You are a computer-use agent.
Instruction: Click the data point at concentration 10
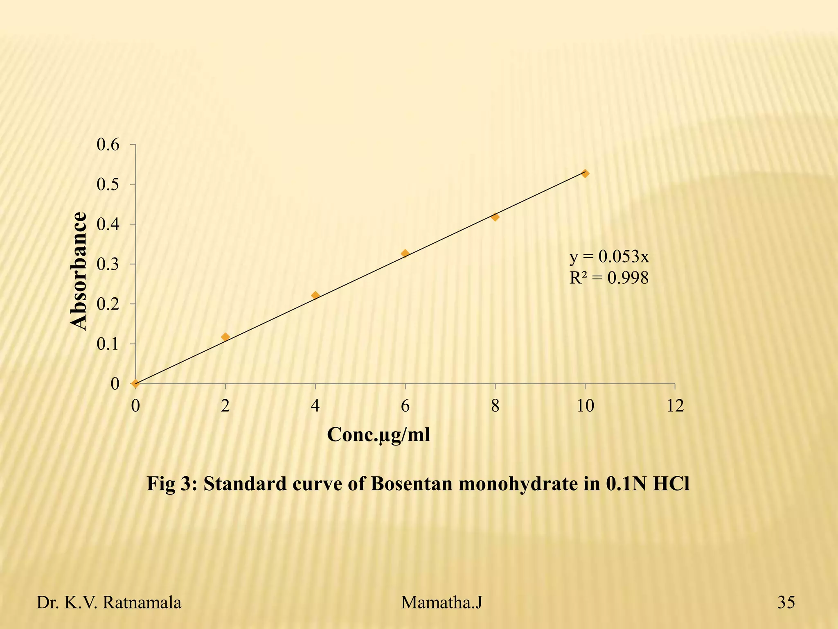(x=585, y=174)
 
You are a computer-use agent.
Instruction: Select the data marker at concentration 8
(x=495, y=217)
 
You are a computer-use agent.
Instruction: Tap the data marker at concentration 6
(x=405, y=253)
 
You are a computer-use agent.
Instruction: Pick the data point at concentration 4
(x=315, y=295)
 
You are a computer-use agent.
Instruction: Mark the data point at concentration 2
(x=225, y=337)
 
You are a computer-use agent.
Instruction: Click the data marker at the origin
(x=135, y=384)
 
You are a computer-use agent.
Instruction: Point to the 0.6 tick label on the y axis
(x=108, y=145)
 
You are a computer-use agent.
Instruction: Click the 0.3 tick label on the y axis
(x=108, y=265)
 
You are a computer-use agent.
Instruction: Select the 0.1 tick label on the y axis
(x=108, y=344)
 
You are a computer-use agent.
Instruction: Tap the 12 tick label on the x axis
(x=675, y=406)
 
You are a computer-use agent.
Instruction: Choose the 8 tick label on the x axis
(x=495, y=406)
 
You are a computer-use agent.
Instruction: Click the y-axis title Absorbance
(x=79, y=271)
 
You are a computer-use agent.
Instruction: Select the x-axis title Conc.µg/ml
(x=378, y=435)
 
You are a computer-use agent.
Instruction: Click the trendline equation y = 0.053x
(x=609, y=257)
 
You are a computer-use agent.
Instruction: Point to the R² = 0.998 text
(x=609, y=278)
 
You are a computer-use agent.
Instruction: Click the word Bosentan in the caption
(x=412, y=484)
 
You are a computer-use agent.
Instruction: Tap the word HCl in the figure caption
(x=671, y=484)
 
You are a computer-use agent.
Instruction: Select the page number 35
(x=786, y=603)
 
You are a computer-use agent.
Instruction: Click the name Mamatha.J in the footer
(x=442, y=603)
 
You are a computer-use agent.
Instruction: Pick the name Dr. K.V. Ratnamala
(x=109, y=603)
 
